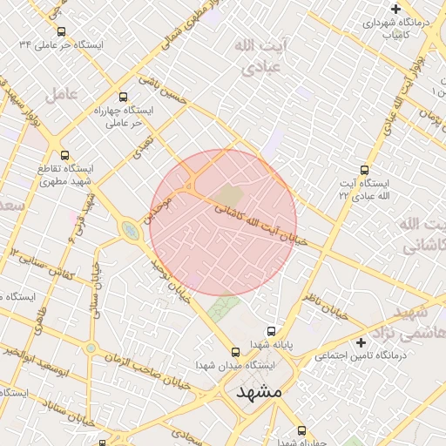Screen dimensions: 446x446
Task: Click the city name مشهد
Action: point(260,392)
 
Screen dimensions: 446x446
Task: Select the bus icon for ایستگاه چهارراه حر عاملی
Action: point(122,98)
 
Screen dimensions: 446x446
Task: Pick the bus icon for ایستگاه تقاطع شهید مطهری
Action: point(65,155)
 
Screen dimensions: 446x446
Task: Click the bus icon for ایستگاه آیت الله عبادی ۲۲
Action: point(364,171)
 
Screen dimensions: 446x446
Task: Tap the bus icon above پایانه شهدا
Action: point(272,331)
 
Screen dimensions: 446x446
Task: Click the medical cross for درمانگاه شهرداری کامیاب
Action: point(395,8)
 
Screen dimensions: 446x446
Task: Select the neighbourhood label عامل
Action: point(65,92)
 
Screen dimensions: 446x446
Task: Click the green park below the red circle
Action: point(225,307)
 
